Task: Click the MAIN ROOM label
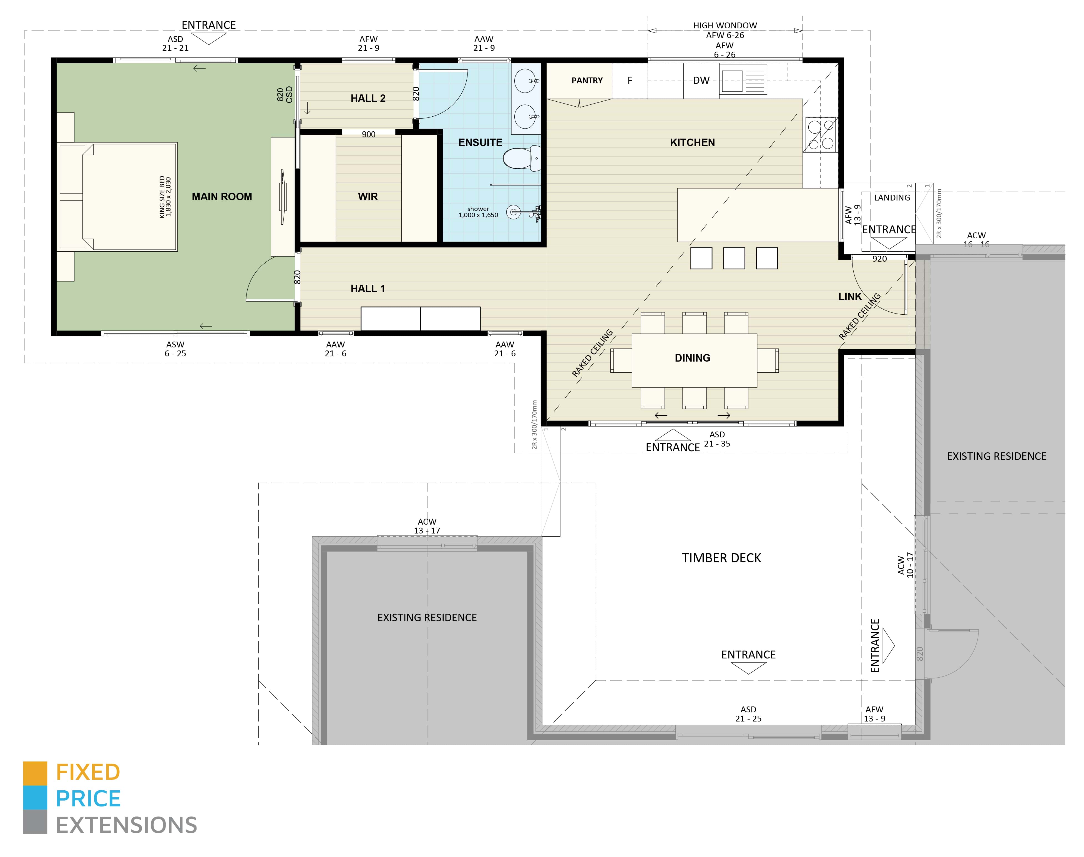point(222,197)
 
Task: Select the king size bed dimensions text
point(165,197)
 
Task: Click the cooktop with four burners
point(821,134)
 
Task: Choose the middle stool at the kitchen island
point(734,258)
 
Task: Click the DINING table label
point(692,358)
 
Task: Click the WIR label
point(368,197)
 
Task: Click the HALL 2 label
point(368,98)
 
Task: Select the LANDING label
point(891,198)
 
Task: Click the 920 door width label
point(879,259)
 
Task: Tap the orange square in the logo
point(35,773)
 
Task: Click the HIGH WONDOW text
point(725,25)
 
